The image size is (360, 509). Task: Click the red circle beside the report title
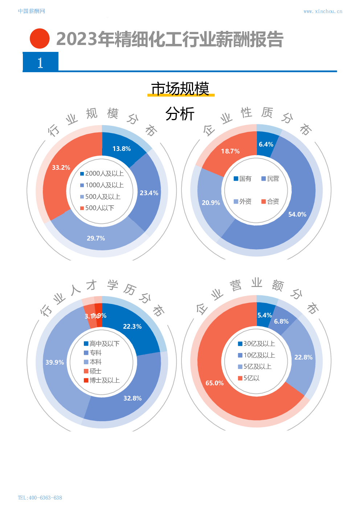click(x=40, y=38)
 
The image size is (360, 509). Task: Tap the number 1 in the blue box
click(x=40, y=63)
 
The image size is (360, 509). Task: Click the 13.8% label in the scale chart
click(x=122, y=149)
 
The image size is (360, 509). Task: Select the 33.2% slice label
click(x=61, y=168)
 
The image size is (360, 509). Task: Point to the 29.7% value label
click(x=96, y=238)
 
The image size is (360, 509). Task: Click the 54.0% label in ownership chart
click(x=297, y=214)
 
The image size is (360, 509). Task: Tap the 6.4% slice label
click(x=266, y=144)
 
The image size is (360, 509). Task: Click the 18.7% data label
click(x=230, y=151)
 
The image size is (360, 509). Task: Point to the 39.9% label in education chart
click(x=55, y=362)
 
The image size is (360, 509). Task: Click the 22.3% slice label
click(x=132, y=327)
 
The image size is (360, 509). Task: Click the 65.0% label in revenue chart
click(x=214, y=383)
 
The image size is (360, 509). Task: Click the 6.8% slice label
click(x=281, y=321)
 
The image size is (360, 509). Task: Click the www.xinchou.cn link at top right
click(x=323, y=12)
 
